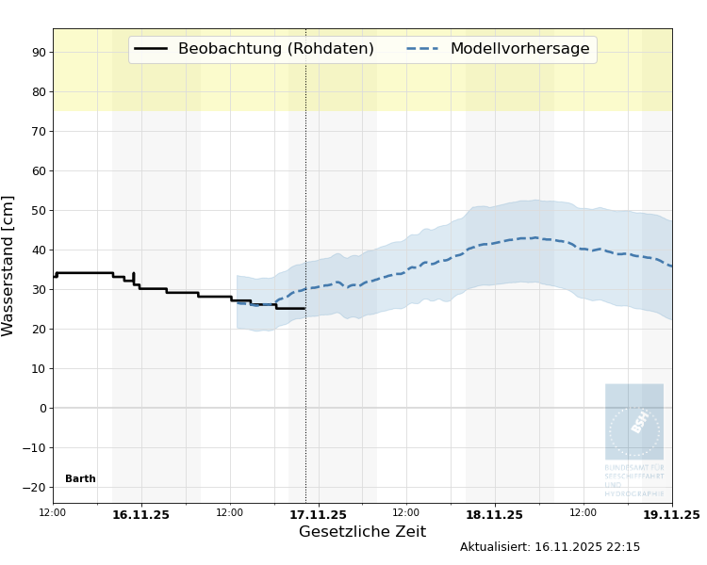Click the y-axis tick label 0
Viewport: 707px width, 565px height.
[x=41, y=409]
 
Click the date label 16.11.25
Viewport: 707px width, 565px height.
[x=140, y=515]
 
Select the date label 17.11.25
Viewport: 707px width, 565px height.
[x=318, y=515]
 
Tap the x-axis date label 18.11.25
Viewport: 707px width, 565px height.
[x=494, y=515]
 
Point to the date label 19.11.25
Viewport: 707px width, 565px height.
[x=671, y=515]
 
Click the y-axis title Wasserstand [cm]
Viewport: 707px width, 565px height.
[x=9, y=266]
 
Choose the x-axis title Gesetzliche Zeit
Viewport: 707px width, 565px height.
[x=362, y=533]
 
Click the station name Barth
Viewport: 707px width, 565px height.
[x=80, y=479]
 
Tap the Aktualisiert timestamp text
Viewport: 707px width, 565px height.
[x=550, y=547]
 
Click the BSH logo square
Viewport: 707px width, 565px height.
[x=634, y=422]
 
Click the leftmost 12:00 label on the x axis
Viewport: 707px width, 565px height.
[x=53, y=513]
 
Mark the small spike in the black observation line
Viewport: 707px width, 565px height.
[x=133, y=274]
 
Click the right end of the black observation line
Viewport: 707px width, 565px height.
[x=304, y=308]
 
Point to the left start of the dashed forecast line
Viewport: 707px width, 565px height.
[x=238, y=303]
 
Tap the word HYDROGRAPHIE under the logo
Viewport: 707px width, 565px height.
[x=634, y=493]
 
